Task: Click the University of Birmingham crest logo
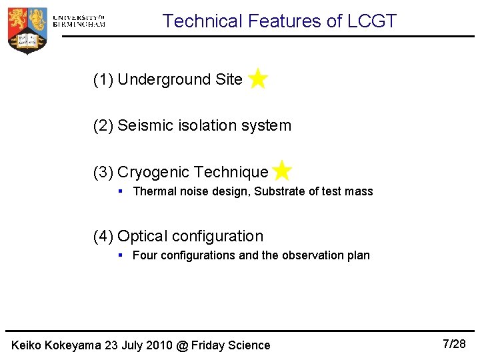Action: coord(27,29)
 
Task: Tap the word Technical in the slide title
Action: coord(203,21)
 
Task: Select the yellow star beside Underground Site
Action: coord(257,79)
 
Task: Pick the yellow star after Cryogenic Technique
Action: coord(282,171)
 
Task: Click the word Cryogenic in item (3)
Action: coord(153,172)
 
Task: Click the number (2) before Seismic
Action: coord(103,125)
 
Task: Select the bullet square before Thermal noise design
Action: coord(121,191)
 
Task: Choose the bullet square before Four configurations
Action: coord(121,255)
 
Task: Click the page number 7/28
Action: coord(455,344)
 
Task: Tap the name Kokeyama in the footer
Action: coord(76,345)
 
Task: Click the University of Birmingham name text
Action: coord(78,21)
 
